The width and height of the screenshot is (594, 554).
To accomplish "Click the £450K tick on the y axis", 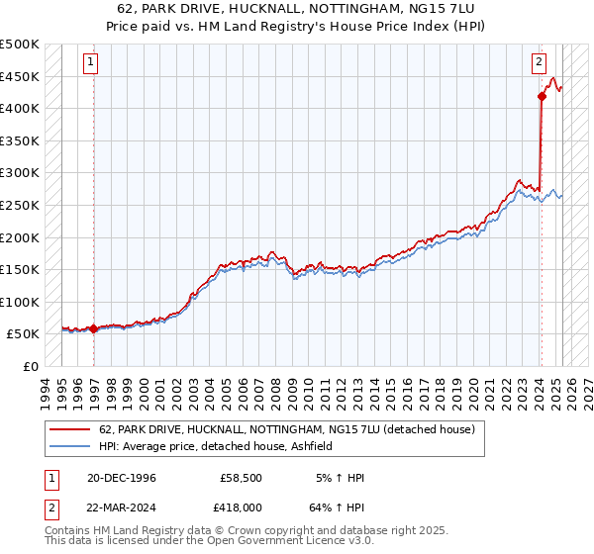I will (20, 76).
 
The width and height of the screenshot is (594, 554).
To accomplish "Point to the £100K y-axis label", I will (20, 302).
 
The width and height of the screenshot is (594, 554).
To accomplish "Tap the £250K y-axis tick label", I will (20, 205).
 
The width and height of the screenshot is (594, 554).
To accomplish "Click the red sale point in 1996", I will (94, 328).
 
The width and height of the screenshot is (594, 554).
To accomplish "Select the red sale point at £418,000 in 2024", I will (542, 96).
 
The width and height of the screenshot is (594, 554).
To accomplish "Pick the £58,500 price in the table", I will (241, 479).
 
